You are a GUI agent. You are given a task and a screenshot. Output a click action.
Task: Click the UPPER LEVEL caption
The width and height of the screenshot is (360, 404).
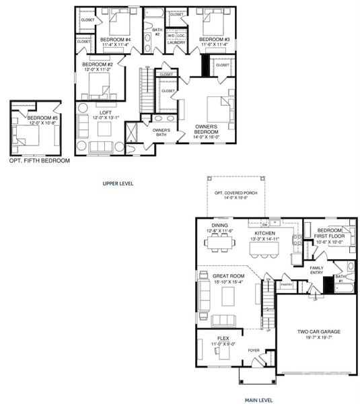pos(120,182)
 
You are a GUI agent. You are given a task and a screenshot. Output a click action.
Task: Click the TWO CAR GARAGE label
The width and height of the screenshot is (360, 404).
pos(316,331)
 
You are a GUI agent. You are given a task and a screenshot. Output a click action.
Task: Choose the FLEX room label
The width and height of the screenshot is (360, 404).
pos(223,337)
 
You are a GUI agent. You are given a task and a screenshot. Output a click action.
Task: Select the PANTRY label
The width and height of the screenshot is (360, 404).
pos(285,284)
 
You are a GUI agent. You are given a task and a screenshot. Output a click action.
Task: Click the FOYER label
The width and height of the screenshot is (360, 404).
pos(254,349)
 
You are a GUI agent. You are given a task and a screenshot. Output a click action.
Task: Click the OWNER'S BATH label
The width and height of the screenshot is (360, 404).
pos(161,132)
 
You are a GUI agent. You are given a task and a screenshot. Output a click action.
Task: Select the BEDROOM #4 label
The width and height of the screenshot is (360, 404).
pos(115,40)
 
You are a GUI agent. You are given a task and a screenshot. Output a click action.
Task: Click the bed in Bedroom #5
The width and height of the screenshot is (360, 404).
pos(28,135)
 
